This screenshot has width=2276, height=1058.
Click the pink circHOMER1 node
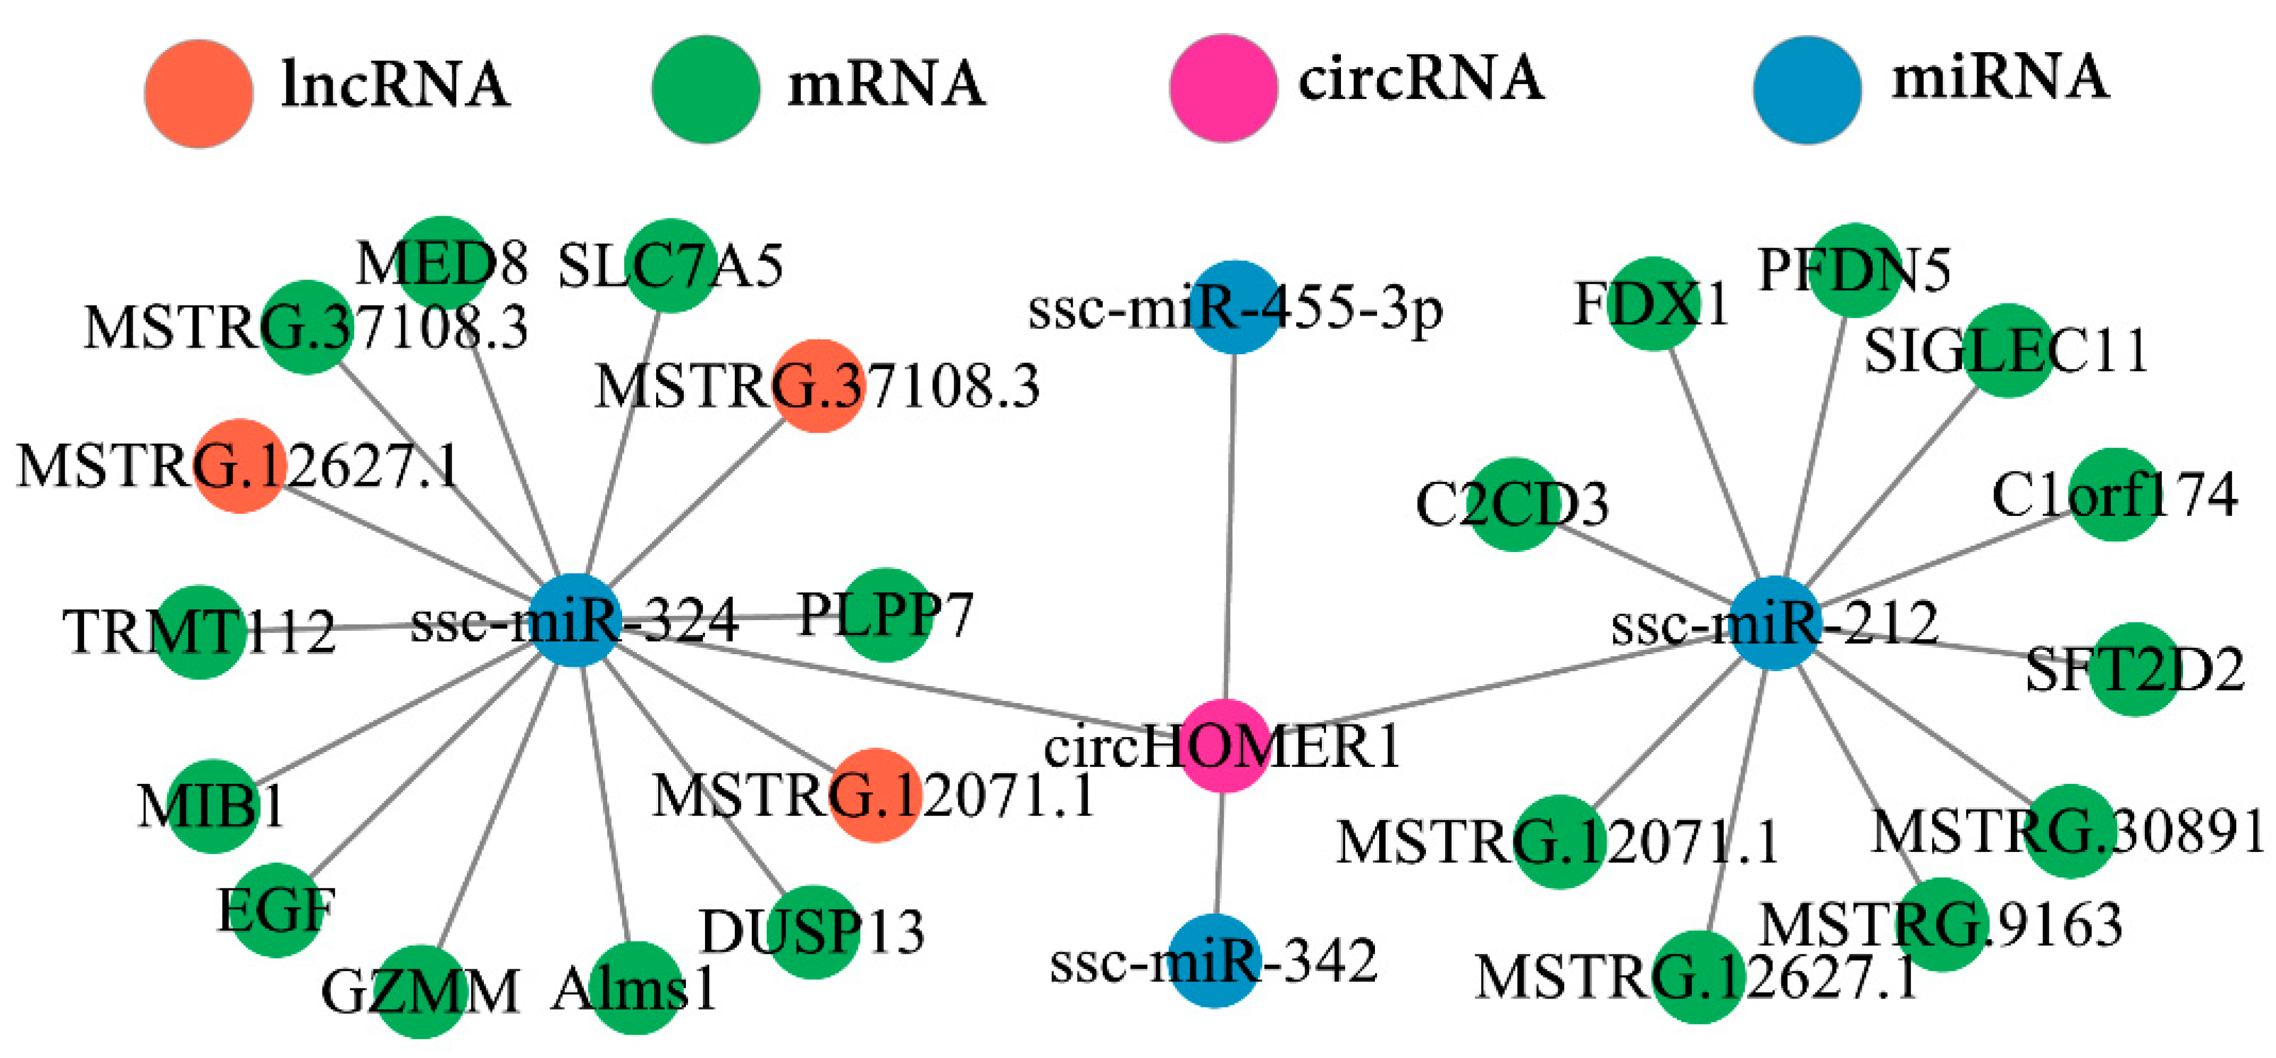(x=1225, y=745)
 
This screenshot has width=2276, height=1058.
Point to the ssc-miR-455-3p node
(x=1235, y=307)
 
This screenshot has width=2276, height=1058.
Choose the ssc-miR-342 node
(x=1215, y=961)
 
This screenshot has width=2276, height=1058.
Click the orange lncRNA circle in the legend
(x=199, y=94)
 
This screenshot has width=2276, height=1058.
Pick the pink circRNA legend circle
(x=1223, y=88)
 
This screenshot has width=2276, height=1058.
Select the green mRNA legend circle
(x=705, y=89)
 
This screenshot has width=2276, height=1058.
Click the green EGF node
(x=277, y=910)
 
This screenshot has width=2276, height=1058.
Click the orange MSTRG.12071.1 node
(x=876, y=794)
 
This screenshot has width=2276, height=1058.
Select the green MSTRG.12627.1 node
(x=1697, y=977)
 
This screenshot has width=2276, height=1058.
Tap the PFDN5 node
(x=1855, y=269)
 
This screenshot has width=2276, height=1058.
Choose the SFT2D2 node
(x=2135, y=669)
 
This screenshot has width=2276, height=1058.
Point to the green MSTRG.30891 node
(x=2070, y=831)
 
